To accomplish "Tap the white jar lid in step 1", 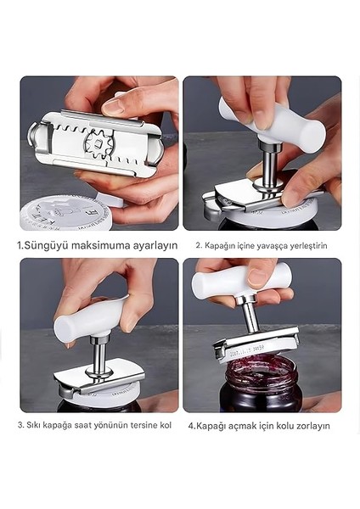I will [x=59, y=212].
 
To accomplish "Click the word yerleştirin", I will [x=307, y=246].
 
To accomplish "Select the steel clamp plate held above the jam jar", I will [x=255, y=344].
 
